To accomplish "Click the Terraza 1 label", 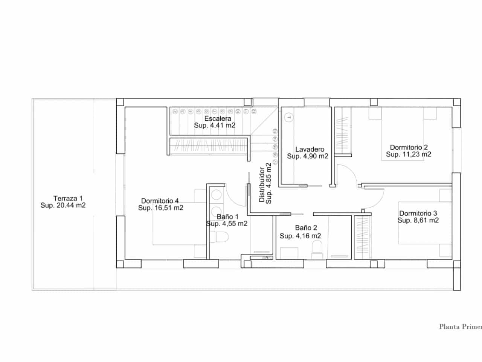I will pyautogui.click(x=68, y=198).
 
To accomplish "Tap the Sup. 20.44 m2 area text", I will pyautogui.click(x=63, y=206).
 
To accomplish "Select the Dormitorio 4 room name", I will pyautogui.click(x=160, y=201).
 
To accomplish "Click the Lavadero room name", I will pyautogui.click(x=310, y=149).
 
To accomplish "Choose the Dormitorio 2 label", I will pyautogui.click(x=409, y=147).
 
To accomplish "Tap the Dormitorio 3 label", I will pyautogui.click(x=418, y=213).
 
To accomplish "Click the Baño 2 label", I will pyautogui.click(x=306, y=228).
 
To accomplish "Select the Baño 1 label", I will pyautogui.click(x=227, y=217).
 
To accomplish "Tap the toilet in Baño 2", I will pyautogui.click(x=317, y=249).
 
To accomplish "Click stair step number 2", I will pyautogui.click(x=175, y=112).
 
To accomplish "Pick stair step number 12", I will pyautogui.click(x=254, y=111).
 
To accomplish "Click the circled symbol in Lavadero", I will pyautogui.click(x=289, y=117).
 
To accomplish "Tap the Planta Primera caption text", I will pyautogui.click(x=460, y=327).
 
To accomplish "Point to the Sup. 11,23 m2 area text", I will pyautogui.click(x=409, y=155).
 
